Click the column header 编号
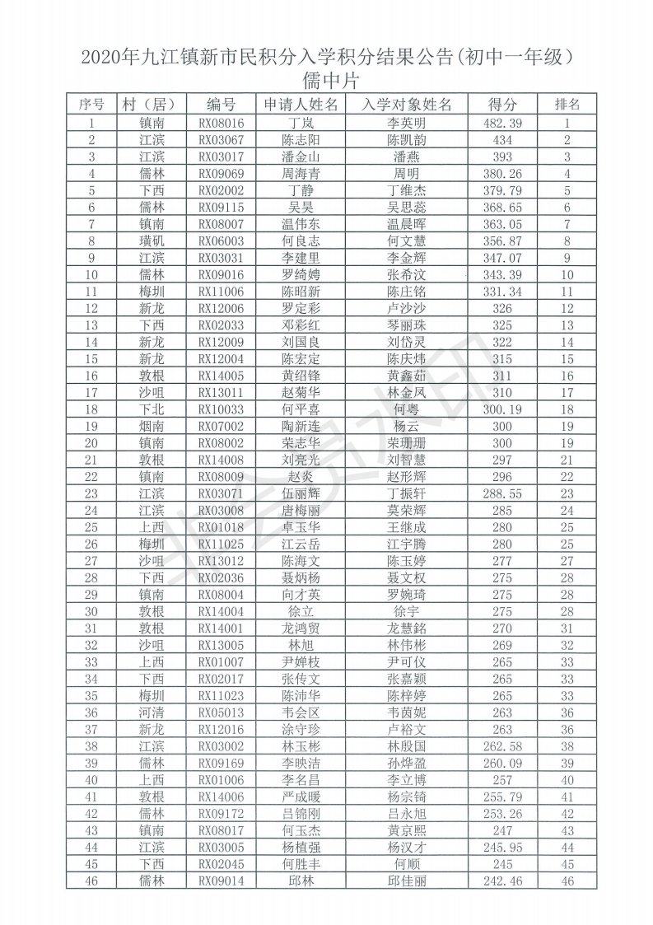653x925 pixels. [x=221, y=105]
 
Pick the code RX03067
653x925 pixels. [x=221, y=140]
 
